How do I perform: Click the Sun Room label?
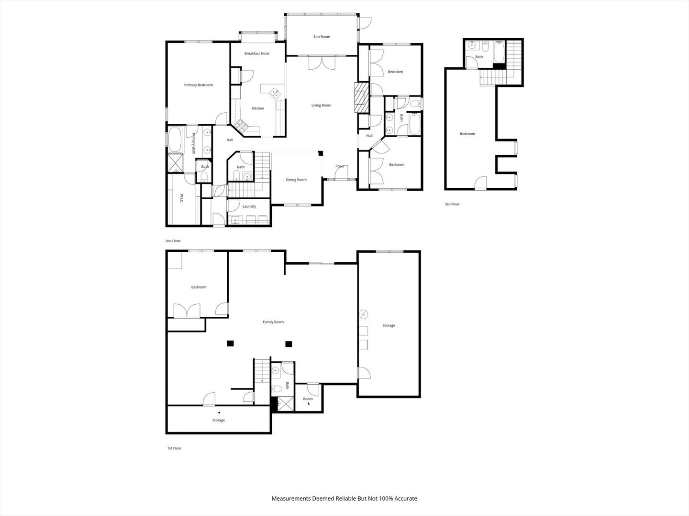322,37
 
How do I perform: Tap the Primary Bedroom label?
199,85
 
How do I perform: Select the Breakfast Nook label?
257,54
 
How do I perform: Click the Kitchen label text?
258,108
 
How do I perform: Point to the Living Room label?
322,105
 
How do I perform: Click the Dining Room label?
296,180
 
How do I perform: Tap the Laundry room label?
249,206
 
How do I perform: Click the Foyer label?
340,166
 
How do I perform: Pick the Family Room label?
273,322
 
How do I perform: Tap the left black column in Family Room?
230,343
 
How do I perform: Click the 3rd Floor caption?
452,204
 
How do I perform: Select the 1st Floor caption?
174,448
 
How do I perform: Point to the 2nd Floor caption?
173,241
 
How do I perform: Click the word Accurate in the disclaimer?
405,498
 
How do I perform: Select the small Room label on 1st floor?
308,399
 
